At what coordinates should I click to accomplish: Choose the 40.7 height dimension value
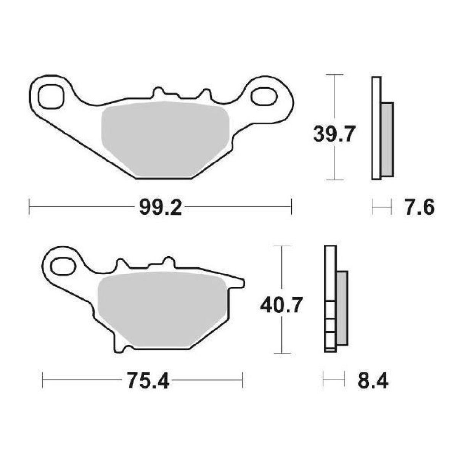click(x=281, y=305)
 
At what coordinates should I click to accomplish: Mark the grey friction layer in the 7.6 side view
click(x=387, y=139)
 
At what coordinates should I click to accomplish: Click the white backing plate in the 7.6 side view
click(x=376, y=128)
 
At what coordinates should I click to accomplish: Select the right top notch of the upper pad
click(x=206, y=94)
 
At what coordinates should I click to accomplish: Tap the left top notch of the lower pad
click(x=121, y=264)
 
